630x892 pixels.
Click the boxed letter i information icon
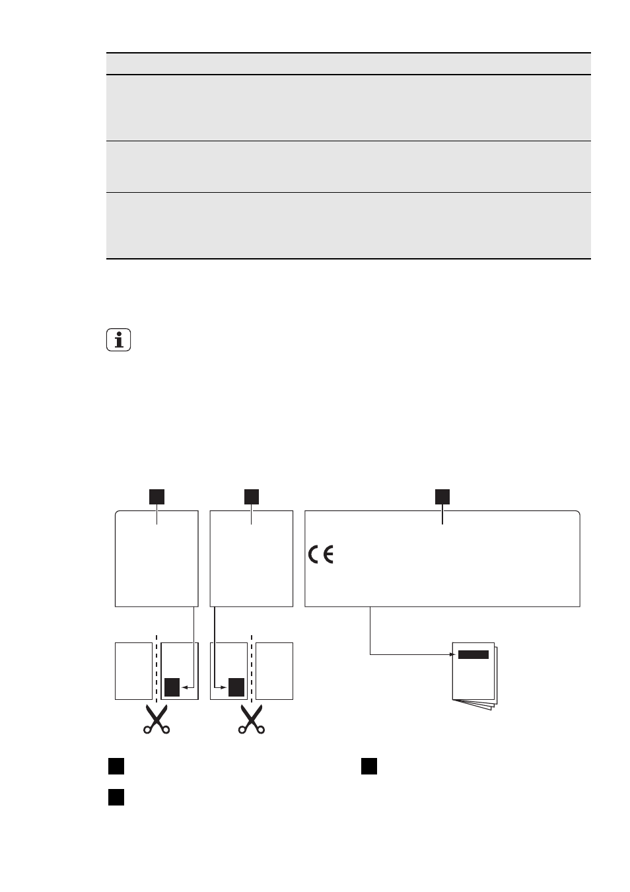[118, 339]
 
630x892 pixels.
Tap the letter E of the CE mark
[328, 555]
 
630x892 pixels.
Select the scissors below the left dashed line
[157, 719]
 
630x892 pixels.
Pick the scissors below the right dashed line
[252, 719]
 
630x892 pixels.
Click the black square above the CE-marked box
[442, 497]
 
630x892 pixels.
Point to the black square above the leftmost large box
[157, 497]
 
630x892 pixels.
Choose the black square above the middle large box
[252, 497]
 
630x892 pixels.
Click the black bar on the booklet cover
[473, 655]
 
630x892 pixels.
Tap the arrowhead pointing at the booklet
[453, 654]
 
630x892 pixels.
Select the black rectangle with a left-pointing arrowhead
[172, 687]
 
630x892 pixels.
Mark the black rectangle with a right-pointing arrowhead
[236, 687]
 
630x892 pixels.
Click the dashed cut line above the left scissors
[157, 669]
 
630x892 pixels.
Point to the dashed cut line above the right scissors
[252, 669]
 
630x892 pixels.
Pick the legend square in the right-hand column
[368, 766]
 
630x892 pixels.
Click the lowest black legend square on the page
[116, 797]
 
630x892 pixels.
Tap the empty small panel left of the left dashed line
[133, 671]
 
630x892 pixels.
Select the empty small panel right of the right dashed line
[274, 671]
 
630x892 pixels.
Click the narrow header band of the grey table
[349, 63]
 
